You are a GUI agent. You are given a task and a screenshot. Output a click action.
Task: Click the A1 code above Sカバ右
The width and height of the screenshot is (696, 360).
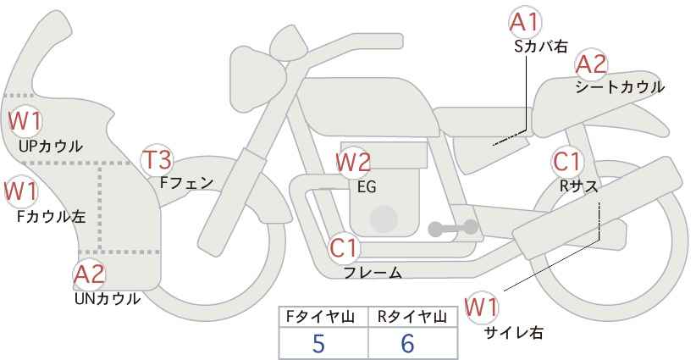pos(525,22)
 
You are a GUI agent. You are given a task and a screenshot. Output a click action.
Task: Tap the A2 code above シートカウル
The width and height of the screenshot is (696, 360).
pos(591,64)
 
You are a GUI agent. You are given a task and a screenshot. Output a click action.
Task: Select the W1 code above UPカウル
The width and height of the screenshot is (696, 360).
pos(25,122)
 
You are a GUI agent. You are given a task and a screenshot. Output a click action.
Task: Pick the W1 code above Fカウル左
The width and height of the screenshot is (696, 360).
pos(21,191)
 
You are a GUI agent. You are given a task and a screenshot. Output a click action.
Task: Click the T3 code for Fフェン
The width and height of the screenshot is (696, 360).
pos(158,160)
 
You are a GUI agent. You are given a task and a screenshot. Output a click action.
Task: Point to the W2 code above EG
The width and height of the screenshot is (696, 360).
pos(353,163)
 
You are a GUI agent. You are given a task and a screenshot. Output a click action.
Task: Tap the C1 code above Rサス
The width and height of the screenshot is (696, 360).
pos(566,162)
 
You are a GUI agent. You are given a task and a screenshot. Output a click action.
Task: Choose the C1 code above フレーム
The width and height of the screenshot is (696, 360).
pos(344,248)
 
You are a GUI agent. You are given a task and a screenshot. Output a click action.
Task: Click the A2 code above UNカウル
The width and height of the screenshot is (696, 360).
pos(89,274)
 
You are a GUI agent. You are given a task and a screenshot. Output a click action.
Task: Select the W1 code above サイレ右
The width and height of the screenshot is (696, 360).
pos(481,307)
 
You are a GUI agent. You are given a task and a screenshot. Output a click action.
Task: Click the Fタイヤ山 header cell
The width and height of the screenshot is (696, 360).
pos(323,317)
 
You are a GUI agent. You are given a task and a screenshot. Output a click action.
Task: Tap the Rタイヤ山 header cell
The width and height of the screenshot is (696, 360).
pos(413,317)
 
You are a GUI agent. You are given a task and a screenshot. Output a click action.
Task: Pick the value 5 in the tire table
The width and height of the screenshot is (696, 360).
pos(318,343)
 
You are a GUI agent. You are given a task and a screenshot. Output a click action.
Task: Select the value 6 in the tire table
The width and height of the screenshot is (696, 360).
pos(407,343)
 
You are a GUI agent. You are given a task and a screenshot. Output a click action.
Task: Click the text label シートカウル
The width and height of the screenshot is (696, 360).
pos(620,87)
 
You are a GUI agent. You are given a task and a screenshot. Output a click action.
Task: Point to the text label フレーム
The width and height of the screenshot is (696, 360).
pos(373,273)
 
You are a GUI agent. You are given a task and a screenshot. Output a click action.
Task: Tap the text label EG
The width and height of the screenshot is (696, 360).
pos(367,187)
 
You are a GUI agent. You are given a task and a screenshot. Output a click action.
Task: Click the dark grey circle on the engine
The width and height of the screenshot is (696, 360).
pos(384,219)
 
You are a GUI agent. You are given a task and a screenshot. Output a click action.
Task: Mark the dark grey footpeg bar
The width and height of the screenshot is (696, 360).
pos(453,228)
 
